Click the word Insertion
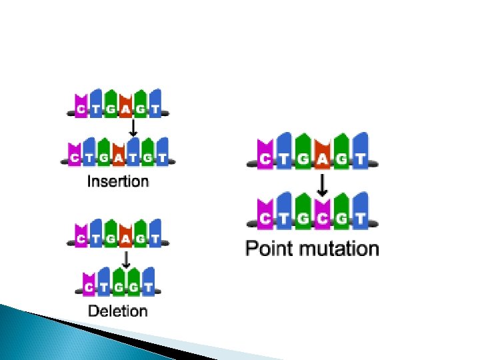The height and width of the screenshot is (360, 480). click(118, 181)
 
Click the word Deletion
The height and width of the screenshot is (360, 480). click(117, 310)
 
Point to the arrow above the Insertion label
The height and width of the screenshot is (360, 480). click(133, 127)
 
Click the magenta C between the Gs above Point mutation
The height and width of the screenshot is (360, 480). click(323, 217)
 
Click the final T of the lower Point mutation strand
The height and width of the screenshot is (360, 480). click(361, 217)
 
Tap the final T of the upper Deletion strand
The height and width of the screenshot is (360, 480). click(155, 237)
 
